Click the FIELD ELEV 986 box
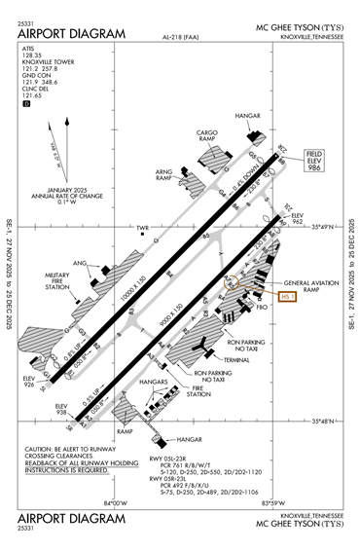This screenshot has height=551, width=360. click(313, 161)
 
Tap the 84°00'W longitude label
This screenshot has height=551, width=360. click(115, 502)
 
